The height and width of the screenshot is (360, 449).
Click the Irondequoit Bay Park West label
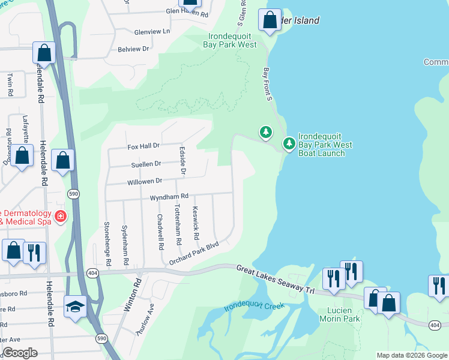click(232, 40)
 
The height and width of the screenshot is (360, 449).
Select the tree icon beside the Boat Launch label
click(289, 143)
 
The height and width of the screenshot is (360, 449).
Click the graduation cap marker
click(76, 307)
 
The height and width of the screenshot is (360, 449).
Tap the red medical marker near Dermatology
click(60, 216)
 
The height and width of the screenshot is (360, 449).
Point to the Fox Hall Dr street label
click(143, 146)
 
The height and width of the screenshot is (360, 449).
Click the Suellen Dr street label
click(146, 163)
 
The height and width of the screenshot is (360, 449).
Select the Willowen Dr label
click(145, 181)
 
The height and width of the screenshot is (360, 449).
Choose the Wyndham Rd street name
click(169, 196)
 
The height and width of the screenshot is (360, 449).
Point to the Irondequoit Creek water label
click(253, 305)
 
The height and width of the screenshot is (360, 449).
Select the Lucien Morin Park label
click(343, 314)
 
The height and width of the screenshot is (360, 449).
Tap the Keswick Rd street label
click(195, 223)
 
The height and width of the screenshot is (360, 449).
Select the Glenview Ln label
click(152, 31)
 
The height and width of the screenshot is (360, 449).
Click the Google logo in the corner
click(20, 353)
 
